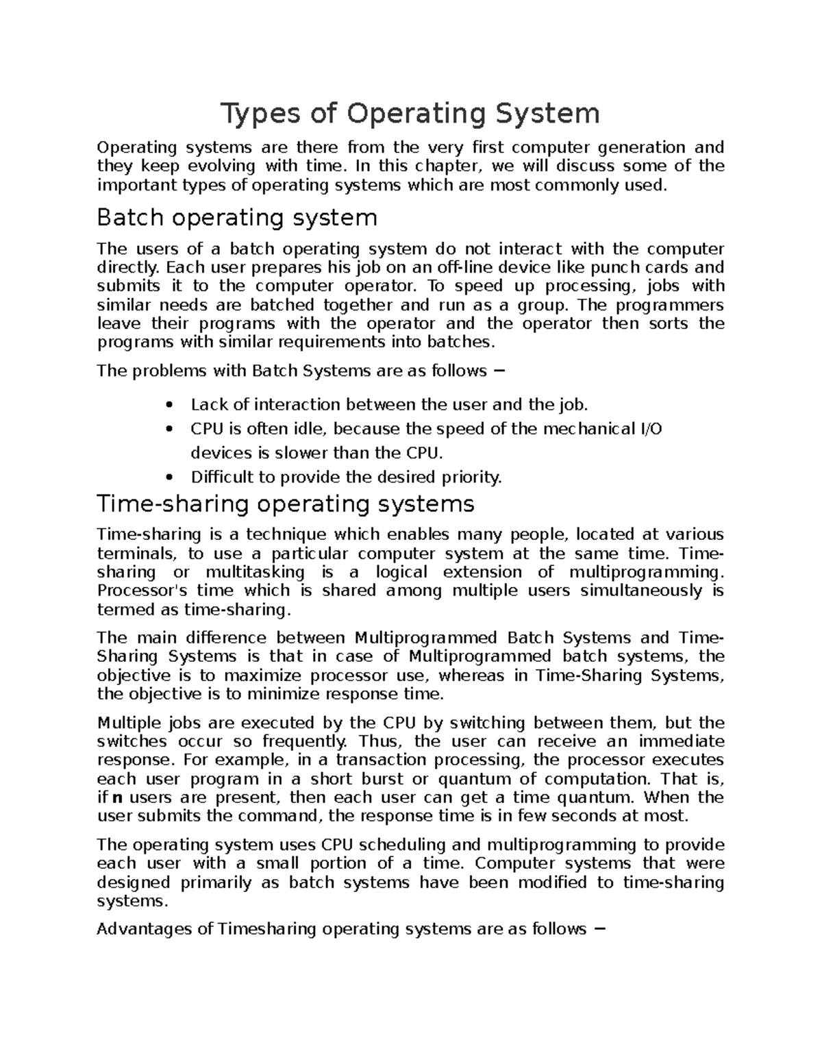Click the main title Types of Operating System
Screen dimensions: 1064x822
pyautogui.click(x=410, y=114)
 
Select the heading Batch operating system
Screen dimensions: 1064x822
pyautogui.click(x=237, y=218)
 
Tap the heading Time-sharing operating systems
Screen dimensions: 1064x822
pyautogui.click(x=286, y=504)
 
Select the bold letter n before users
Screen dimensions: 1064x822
pyautogui.click(x=118, y=797)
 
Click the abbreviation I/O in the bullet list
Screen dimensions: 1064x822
pyautogui.click(x=650, y=429)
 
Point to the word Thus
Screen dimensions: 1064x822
pyautogui.click(x=377, y=741)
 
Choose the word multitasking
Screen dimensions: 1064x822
pyautogui.click(x=255, y=572)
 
